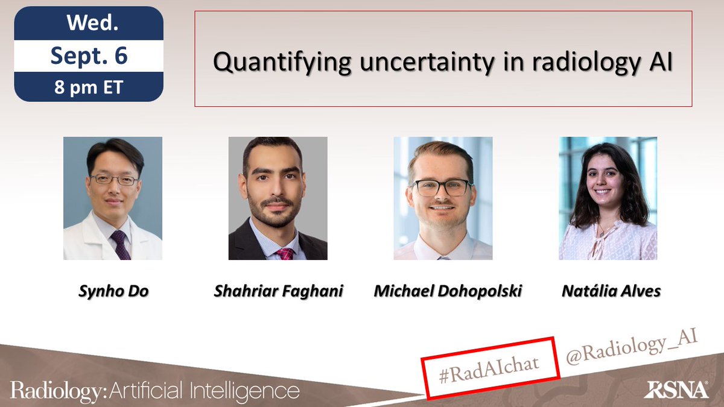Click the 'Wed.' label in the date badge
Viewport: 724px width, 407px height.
tap(88, 25)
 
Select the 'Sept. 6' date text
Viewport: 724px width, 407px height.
tap(88, 55)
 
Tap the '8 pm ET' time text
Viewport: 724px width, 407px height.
tap(88, 87)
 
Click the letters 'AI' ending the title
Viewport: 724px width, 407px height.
tap(658, 63)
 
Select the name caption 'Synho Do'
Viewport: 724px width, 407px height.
tap(113, 291)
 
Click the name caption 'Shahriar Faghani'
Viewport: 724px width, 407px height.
tap(278, 291)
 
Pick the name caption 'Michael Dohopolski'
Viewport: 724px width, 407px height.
tap(447, 291)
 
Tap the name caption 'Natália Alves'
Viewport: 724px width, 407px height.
tap(611, 291)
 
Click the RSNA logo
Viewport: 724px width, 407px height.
tap(676, 390)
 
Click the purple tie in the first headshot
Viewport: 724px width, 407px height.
tap(119, 245)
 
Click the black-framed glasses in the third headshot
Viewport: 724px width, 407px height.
tap(443, 188)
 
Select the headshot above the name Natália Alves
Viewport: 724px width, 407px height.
tap(608, 198)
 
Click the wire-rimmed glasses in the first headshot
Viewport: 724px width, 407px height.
tap(114, 180)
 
